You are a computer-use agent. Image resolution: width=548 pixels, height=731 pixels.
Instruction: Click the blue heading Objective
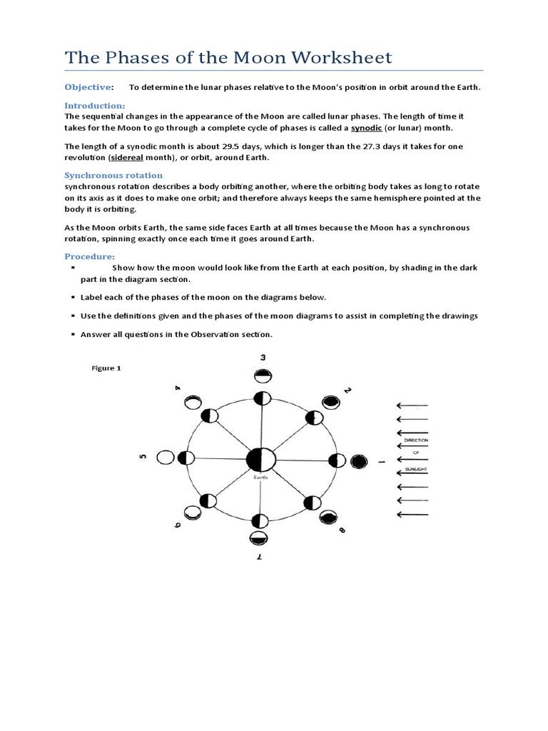tap(88, 87)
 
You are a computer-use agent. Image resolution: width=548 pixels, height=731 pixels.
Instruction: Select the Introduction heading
tap(95, 106)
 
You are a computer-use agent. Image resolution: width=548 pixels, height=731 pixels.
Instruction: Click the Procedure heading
tap(89, 256)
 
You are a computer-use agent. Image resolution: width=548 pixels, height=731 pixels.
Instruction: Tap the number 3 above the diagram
tap(263, 358)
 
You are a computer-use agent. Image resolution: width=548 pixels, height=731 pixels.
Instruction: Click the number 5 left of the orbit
tap(143, 457)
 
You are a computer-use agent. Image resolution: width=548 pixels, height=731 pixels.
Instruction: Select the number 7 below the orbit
tap(260, 559)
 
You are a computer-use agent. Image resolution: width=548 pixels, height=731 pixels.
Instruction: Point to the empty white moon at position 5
tap(166, 458)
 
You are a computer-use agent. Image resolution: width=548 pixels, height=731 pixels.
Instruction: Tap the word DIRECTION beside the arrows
tap(415, 441)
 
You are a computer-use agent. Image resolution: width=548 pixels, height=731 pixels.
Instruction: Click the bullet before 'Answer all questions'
tap(73, 334)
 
